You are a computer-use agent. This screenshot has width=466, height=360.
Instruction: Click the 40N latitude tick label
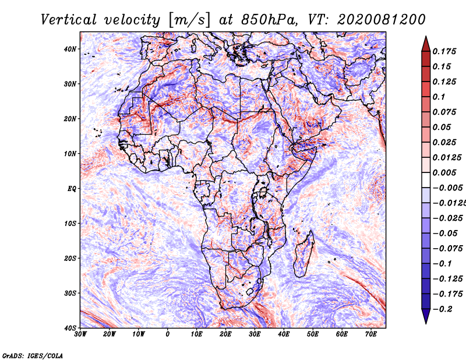click(70, 49)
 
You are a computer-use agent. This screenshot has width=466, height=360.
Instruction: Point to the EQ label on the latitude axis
click(72, 189)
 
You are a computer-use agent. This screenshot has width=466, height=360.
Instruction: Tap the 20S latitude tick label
click(70, 258)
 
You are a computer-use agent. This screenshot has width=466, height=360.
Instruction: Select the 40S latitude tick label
click(70, 328)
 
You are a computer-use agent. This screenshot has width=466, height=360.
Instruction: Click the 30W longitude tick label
click(80, 334)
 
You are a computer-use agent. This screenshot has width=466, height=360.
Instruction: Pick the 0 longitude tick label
click(168, 334)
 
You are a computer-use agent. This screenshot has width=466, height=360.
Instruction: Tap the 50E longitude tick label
click(313, 334)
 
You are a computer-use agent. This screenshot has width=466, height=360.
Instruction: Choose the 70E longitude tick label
click(371, 334)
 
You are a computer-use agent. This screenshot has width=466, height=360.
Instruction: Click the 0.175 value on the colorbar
click(444, 51)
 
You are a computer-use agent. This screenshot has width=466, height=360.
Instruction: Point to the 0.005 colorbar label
click(444, 172)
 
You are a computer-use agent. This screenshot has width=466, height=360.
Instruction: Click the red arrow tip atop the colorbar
click(426, 37)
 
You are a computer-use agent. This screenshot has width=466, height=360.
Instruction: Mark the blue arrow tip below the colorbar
click(426, 323)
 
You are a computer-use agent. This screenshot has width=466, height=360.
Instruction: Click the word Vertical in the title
click(69, 20)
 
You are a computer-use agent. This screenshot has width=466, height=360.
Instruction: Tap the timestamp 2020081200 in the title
click(382, 20)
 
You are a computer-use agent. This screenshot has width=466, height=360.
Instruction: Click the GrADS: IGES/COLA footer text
click(33, 355)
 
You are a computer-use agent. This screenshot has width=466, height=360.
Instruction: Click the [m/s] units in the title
click(189, 20)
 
